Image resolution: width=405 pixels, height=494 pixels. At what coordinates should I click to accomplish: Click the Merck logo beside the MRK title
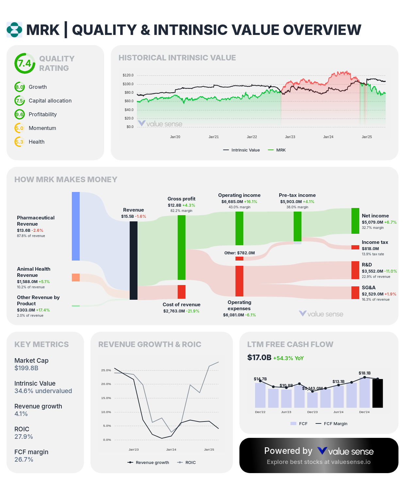[14, 30]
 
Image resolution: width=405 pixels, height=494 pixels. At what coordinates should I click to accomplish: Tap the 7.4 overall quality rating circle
[25, 63]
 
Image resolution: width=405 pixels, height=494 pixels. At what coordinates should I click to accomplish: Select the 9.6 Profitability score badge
[20, 114]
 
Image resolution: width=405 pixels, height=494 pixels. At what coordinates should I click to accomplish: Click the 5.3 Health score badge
[20, 142]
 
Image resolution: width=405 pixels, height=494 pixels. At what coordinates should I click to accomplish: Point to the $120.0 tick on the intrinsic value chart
[128, 75]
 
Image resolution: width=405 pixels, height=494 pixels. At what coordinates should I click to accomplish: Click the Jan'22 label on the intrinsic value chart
[252, 137]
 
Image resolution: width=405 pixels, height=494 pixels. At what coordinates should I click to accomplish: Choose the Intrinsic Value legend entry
[241, 150]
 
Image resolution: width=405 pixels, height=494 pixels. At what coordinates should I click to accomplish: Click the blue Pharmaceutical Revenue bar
[76, 226]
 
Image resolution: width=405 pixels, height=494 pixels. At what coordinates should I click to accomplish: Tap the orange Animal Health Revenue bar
[76, 278]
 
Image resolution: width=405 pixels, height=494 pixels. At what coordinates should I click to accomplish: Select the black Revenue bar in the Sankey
[134, 260]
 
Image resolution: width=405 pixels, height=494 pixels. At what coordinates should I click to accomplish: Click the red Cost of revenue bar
[182, 292]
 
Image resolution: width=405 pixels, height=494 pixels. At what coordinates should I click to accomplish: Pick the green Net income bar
[355, 221]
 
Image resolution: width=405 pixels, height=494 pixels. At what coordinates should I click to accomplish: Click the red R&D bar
[355, 270]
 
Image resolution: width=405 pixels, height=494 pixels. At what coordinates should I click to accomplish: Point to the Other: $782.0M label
[239, 253]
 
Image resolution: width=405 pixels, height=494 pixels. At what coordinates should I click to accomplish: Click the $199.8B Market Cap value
[26, 368]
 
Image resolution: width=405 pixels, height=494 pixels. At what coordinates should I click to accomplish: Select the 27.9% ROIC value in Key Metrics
[24, 437]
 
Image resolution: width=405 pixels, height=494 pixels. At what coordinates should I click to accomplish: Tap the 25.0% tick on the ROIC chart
[106, 370]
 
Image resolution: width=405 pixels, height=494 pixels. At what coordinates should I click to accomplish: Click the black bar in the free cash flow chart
[378, 393]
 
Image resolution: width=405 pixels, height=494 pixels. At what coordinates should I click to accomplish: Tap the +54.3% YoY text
[288, 358]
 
